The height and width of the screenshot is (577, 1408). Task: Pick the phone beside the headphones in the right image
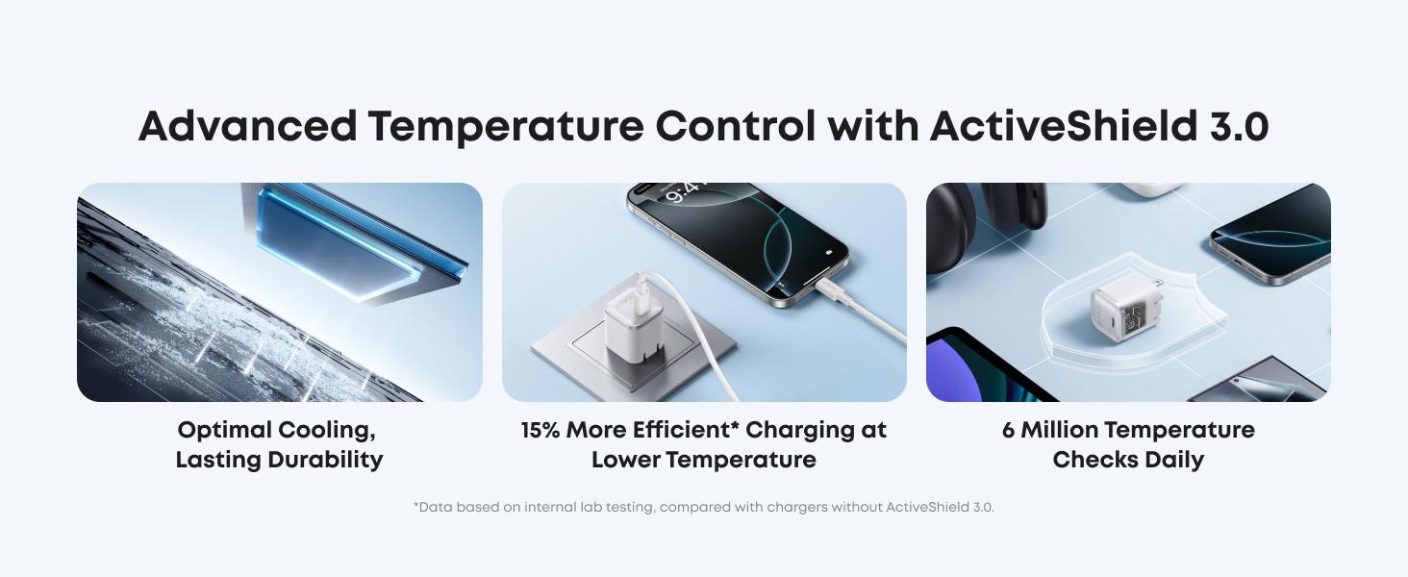pyautogui.click(x=1270, y=240)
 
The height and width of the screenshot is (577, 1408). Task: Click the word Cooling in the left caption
pyautogui.click(x=324, y=430)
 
